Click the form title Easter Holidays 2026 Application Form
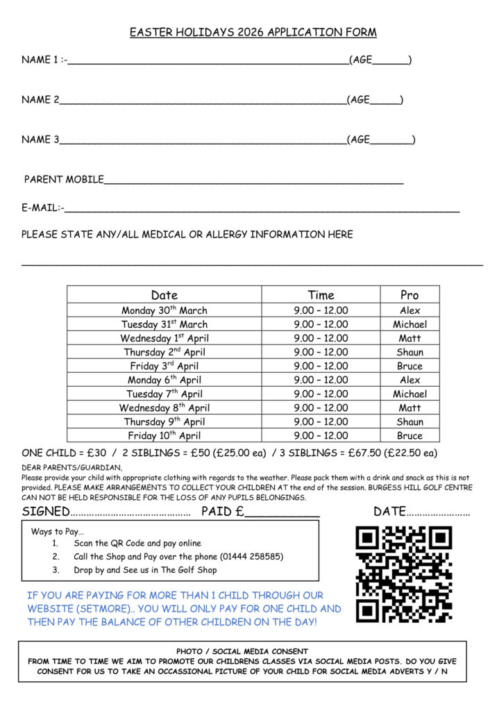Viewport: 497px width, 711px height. click(253, 33)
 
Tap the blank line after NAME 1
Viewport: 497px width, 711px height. click(208, 62)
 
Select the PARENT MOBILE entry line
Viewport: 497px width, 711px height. click(253, 182)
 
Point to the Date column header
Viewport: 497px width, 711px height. click(165, 295)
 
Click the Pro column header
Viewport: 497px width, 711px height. click(410, 295)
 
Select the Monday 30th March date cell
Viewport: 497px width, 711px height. click(165, 310)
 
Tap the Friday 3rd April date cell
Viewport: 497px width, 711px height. click(165, 366)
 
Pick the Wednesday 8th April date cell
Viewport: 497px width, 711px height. click(165, 408)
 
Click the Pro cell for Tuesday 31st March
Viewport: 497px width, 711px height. click(410, 324)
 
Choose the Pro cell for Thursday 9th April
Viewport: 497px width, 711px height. click(410, 421)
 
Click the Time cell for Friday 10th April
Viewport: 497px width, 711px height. click(321, 435)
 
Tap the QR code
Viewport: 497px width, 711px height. click(404, 574)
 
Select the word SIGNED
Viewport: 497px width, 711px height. click(46, 512)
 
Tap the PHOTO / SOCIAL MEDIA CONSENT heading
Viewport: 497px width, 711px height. click(242, 651)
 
